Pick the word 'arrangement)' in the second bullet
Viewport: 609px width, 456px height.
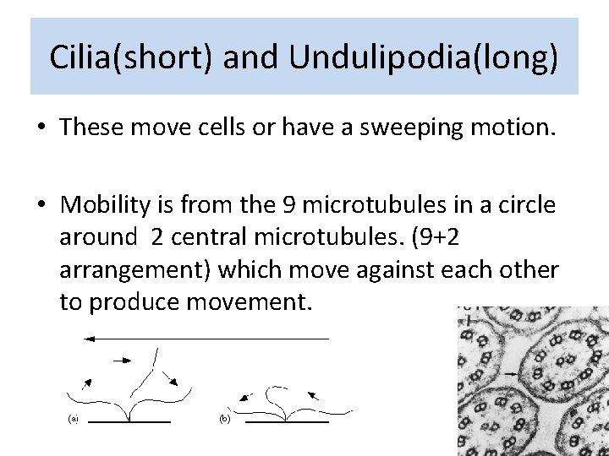click(138, 269)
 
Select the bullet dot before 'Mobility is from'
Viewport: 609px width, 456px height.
click(41, 206)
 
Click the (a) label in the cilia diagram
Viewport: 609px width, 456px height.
click(74, 419)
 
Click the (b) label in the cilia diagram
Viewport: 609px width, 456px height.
click(224, 419)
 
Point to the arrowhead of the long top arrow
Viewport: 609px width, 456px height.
click(87, 338)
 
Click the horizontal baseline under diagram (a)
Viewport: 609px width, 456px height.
click(129, 421)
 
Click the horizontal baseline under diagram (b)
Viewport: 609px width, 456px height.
click(286, 421)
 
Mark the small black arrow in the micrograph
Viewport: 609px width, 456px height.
click(511, 372)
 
